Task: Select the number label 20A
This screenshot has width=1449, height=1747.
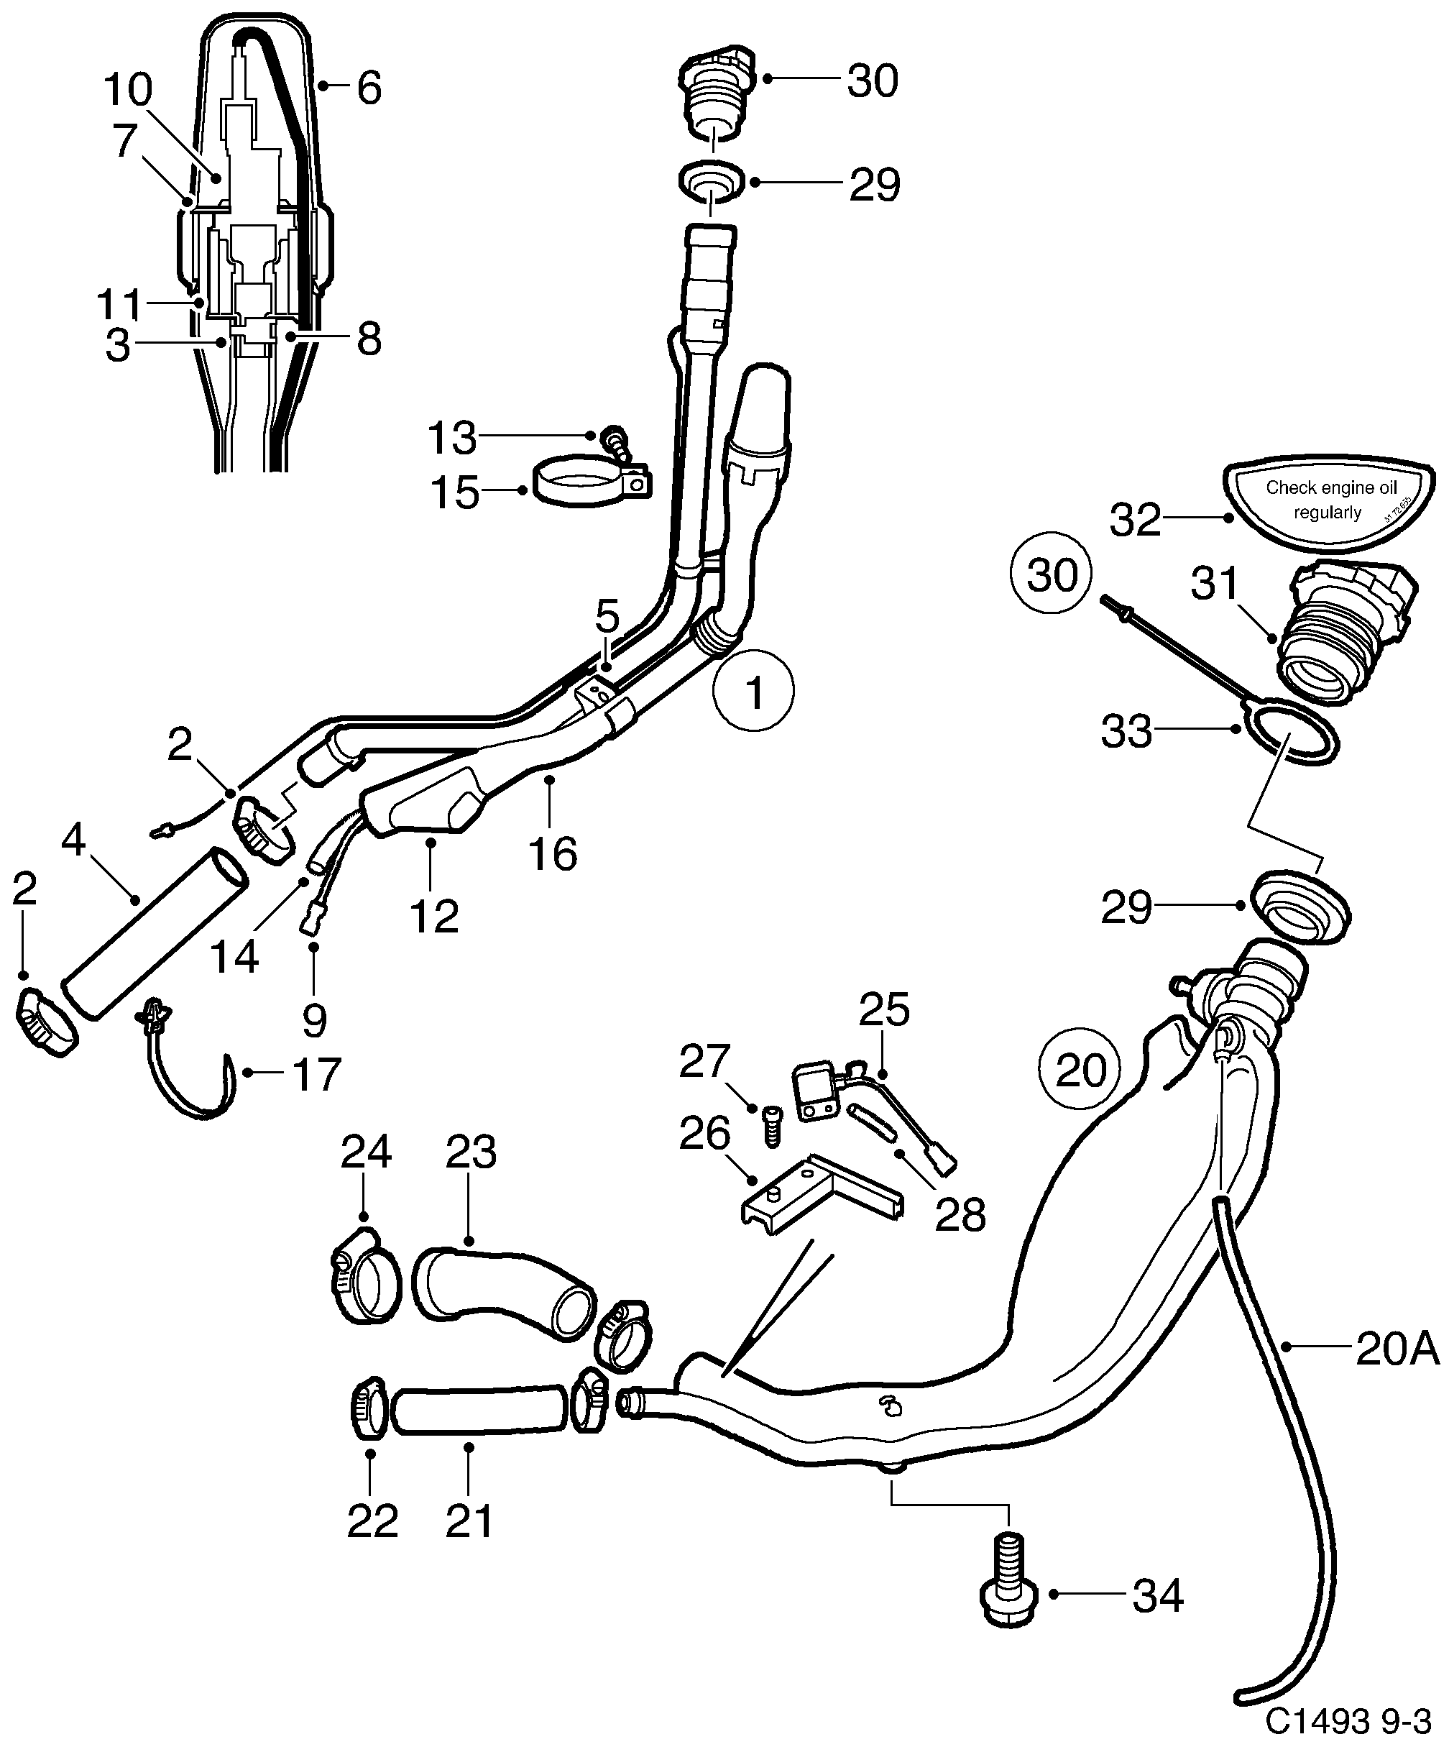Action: (1397, 1351)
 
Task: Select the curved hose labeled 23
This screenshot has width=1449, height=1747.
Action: (504, 1296)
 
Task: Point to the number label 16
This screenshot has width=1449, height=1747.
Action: (552, 853)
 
